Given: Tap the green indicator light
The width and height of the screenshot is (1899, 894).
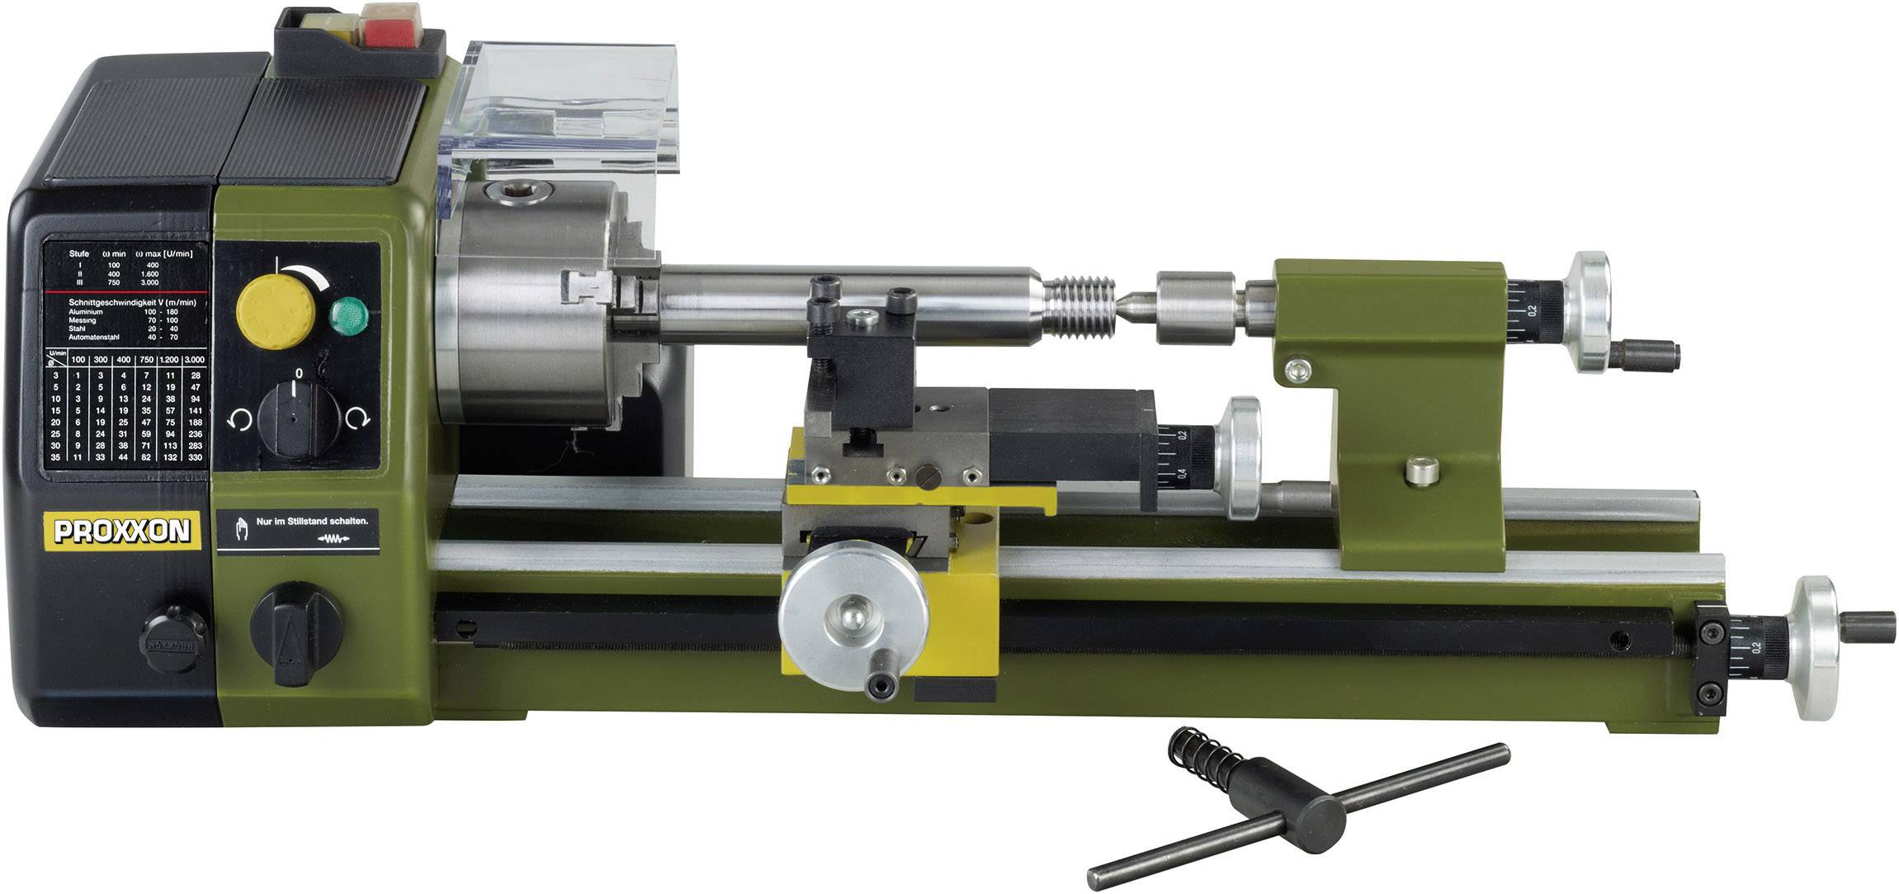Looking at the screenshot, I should [349, 315].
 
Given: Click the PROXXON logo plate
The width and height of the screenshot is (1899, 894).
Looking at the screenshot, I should [122, 531].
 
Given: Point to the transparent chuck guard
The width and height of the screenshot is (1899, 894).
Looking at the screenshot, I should [569, 116].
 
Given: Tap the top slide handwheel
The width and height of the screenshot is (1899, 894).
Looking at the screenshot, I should [1242, 458].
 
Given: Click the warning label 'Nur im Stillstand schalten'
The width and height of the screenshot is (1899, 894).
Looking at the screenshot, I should [298, 527].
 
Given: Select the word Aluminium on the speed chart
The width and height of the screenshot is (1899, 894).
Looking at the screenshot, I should [86, 312].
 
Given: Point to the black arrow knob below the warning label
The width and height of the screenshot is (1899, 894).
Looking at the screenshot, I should [295, 634].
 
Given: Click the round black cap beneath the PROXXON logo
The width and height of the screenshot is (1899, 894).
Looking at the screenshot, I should [173, 637].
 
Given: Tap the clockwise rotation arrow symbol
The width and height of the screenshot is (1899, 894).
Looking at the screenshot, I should [357, 419].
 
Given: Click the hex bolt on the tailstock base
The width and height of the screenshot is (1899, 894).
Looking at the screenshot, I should [1422, 471].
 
